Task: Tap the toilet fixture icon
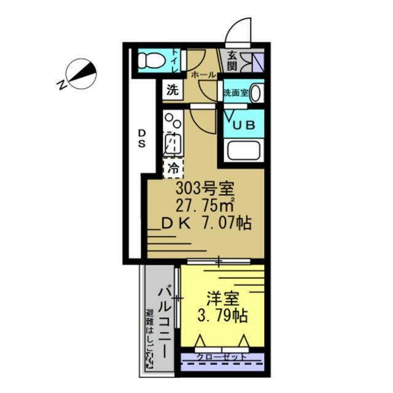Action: click(x=149, y=60)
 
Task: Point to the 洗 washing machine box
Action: click(x=173, y=90)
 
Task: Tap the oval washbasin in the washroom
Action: click(x=255, y=93)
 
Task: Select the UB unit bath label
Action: click(x=244, y=125)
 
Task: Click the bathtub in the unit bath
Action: click(x=244, y=150)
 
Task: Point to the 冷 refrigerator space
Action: click(x=173, y=166)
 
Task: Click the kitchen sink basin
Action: click(x=173, y=144)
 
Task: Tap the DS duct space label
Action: click(x=141, y=139)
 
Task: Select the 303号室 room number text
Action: click(x=203, y=187)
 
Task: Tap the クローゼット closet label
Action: click(x=222, y=357)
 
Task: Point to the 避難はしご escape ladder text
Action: click(x=149, y=340)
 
